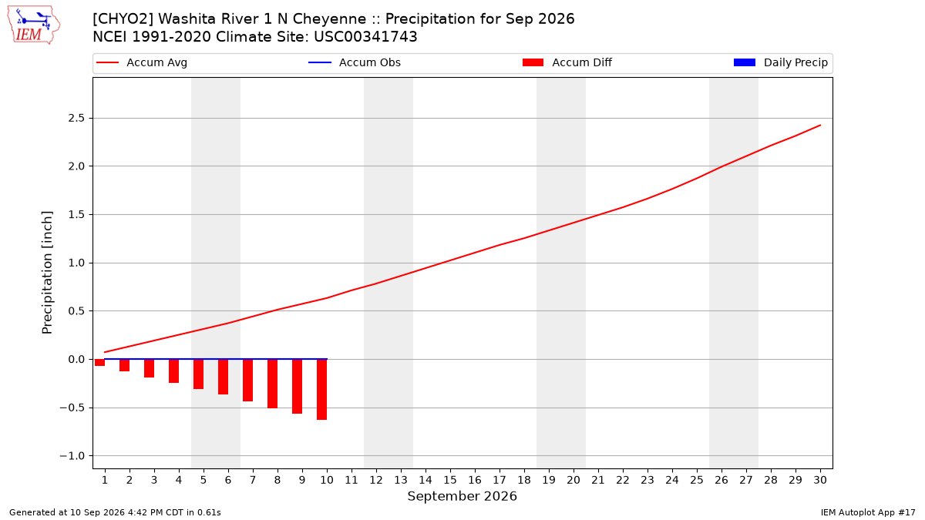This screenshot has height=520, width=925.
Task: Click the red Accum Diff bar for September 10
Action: coord(321,390)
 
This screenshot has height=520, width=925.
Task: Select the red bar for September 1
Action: coord(99,363)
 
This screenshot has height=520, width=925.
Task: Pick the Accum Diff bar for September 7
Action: coord(247,381)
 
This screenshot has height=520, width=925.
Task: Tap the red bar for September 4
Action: coord(174,371)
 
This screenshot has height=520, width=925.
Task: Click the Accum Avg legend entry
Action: coord(142,62)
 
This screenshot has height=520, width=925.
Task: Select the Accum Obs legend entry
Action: coord(355,62)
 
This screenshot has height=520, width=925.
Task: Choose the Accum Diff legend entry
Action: coord(567,62)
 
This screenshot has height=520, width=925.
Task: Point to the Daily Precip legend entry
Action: coord(780,62)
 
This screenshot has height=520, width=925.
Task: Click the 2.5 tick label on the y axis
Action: coord(76,119)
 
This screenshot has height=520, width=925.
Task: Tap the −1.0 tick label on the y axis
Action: coord(72,456)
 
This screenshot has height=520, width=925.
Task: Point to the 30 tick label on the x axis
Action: coord(820,480)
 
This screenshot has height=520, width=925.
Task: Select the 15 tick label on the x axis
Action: coord(450,480)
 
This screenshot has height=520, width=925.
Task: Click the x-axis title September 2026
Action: coord(462,496)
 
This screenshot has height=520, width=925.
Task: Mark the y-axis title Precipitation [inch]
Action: coord(47,273)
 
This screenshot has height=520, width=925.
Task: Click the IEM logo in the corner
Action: coord(34,25)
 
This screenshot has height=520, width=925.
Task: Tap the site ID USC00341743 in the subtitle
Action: coord(365,37)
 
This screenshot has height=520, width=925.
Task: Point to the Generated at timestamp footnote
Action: coord(115,512)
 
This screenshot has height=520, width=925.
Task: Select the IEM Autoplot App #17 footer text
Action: coord(868,512)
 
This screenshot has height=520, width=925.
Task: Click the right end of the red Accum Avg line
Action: coord(820,125)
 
